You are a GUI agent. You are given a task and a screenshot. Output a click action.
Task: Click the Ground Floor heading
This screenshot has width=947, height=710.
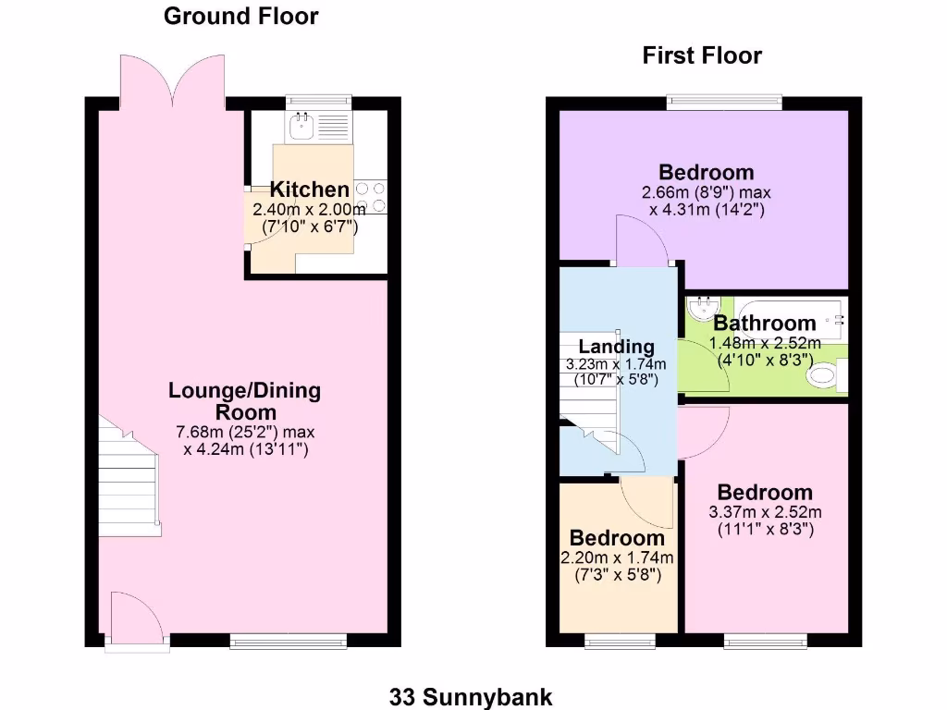coord(241,16)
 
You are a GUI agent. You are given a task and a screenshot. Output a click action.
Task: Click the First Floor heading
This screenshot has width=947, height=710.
coord(702,55)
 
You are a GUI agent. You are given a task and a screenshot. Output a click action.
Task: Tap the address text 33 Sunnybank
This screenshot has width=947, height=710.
coord(473,695)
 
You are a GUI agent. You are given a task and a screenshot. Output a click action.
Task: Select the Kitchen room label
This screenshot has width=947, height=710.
coord(309,190)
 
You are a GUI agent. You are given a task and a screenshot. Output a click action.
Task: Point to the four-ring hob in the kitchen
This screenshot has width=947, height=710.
coord(370,195)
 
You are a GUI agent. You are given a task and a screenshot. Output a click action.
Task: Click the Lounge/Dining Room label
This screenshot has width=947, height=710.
coord(244,400)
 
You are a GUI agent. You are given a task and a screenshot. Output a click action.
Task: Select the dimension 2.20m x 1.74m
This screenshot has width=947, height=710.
coord(616,557)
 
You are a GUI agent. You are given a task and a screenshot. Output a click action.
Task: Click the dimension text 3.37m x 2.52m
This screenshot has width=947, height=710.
coord(765,513)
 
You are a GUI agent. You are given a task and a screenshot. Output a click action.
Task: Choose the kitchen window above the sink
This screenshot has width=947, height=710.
coord(319,101)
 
